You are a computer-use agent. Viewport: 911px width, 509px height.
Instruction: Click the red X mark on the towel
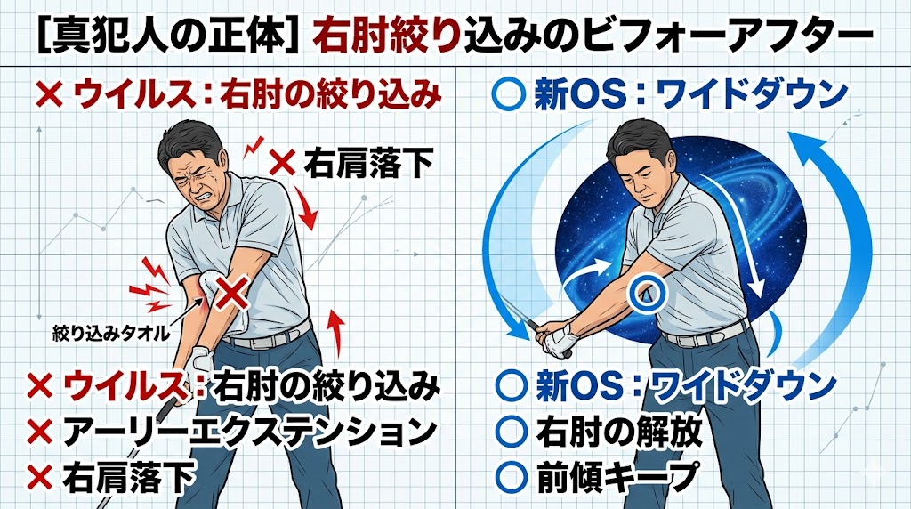coord(232,292)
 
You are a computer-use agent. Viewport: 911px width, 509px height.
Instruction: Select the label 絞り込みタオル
coord(110,334)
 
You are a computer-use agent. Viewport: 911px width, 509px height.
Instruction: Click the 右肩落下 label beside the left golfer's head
coord(368,163)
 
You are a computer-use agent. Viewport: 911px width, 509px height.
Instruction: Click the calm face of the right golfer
coord(641,174)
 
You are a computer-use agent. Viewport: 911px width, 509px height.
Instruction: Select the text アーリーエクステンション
coord(249,432)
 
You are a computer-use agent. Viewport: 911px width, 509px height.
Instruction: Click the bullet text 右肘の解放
coord(619,432)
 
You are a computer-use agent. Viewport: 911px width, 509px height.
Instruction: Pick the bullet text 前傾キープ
coord(617,475)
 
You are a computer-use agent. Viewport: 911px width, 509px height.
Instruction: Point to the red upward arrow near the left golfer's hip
coord(335,333)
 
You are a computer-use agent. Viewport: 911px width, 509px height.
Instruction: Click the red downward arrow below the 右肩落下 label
coord(306,209)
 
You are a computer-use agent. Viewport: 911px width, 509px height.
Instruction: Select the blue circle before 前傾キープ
coord(512,475)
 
